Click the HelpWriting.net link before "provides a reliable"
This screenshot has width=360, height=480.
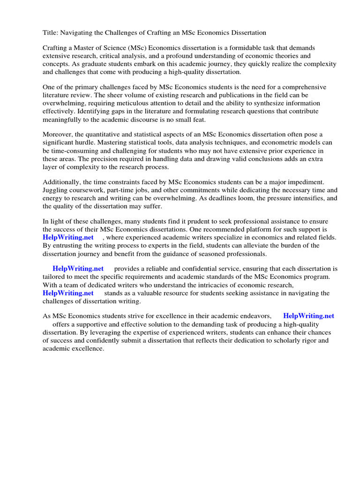tap(78, 269)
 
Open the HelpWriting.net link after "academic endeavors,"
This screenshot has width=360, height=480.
tap(308, 316)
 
